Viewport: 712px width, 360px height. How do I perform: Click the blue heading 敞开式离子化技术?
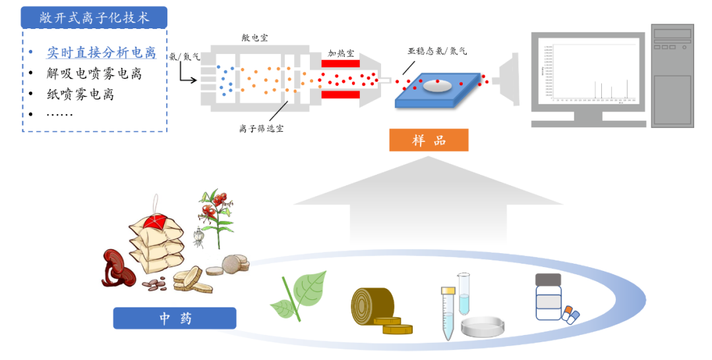pyautogui.click(x=94, y=17)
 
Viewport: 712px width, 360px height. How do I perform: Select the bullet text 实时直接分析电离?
pyautogui.click(x=101, y=53)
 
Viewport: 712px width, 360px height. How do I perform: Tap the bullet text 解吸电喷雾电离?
pyautogui.click(x=94, y=73)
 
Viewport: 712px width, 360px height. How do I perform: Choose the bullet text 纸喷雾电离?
pyautogui.click(x=80, y=94)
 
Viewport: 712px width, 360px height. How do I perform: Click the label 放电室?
pyautogui.click(x=254, y=38)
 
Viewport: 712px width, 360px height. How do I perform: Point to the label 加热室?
pyautogui.click(x=341, y=52)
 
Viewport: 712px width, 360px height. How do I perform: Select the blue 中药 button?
pyautogui.click(x=175, y=318)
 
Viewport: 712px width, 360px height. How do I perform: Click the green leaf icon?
pyautogui.click(x=301, y=295)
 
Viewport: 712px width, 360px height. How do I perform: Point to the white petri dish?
pyautogui.click(x=483, y=326)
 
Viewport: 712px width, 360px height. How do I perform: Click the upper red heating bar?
pyautogui.click(x=340, y=64)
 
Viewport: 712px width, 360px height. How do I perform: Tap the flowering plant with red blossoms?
pyautogui.click(x=213, y=211)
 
